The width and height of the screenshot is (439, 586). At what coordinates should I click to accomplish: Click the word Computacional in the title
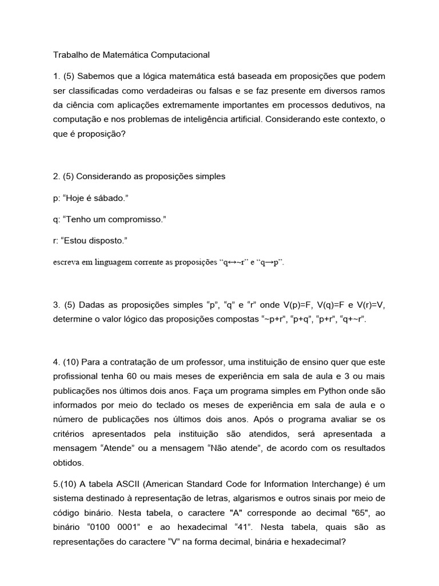182,56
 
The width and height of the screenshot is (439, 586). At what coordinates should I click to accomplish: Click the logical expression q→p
269,263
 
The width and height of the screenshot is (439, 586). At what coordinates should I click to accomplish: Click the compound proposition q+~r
352,319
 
